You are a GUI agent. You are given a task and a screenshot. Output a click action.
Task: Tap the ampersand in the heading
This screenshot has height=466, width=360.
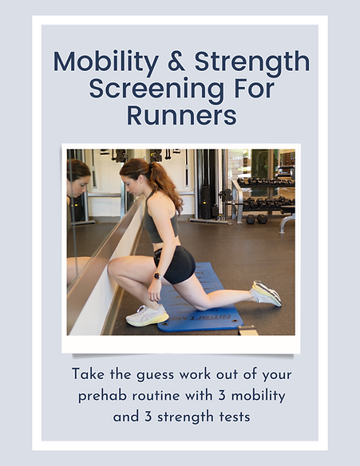click(x=176, y=61)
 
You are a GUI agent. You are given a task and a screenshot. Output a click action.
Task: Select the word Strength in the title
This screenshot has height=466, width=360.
click(x=251, y=61)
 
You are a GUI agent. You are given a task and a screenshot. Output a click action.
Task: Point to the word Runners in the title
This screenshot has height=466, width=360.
click(x=181, y=115)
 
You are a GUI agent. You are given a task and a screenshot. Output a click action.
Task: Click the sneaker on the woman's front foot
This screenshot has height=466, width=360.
click(x=147, y=315)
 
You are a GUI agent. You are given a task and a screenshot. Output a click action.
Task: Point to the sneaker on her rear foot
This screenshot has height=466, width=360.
click(x=266, y=293)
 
